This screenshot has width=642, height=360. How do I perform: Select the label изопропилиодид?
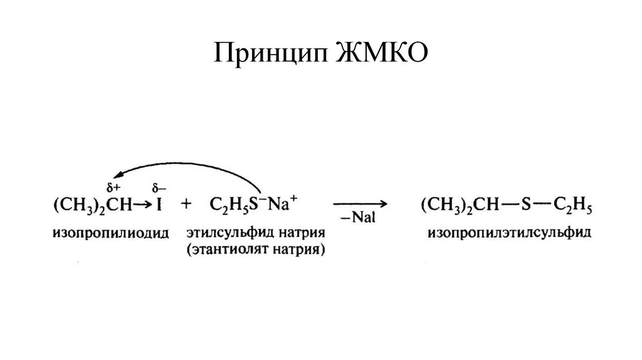(x=111, y=233)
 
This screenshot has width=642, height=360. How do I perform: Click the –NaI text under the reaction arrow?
(x=359, y=217)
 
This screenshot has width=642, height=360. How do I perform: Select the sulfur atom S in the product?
(x=528, y=205)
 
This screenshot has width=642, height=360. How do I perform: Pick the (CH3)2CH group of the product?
(x=463, y=205)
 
